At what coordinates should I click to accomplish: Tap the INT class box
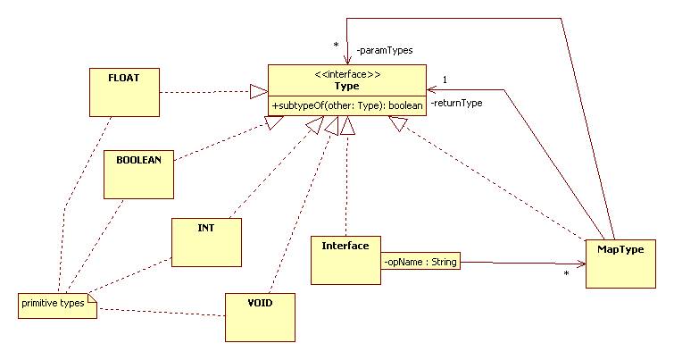click(206, 242)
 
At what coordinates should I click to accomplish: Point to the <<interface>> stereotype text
click(345, 73)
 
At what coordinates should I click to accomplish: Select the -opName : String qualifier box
click(420, 263)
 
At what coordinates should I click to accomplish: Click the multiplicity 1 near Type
click(445, 79)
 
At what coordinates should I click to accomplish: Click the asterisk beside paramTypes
click(336, 46)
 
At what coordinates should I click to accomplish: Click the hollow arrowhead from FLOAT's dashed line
click(258, 90)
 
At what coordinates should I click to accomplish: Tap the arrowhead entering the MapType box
click(580, 264)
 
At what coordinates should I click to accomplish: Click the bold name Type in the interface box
click(346, 85)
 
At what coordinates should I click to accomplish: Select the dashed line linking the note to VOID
click(161, 312)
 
